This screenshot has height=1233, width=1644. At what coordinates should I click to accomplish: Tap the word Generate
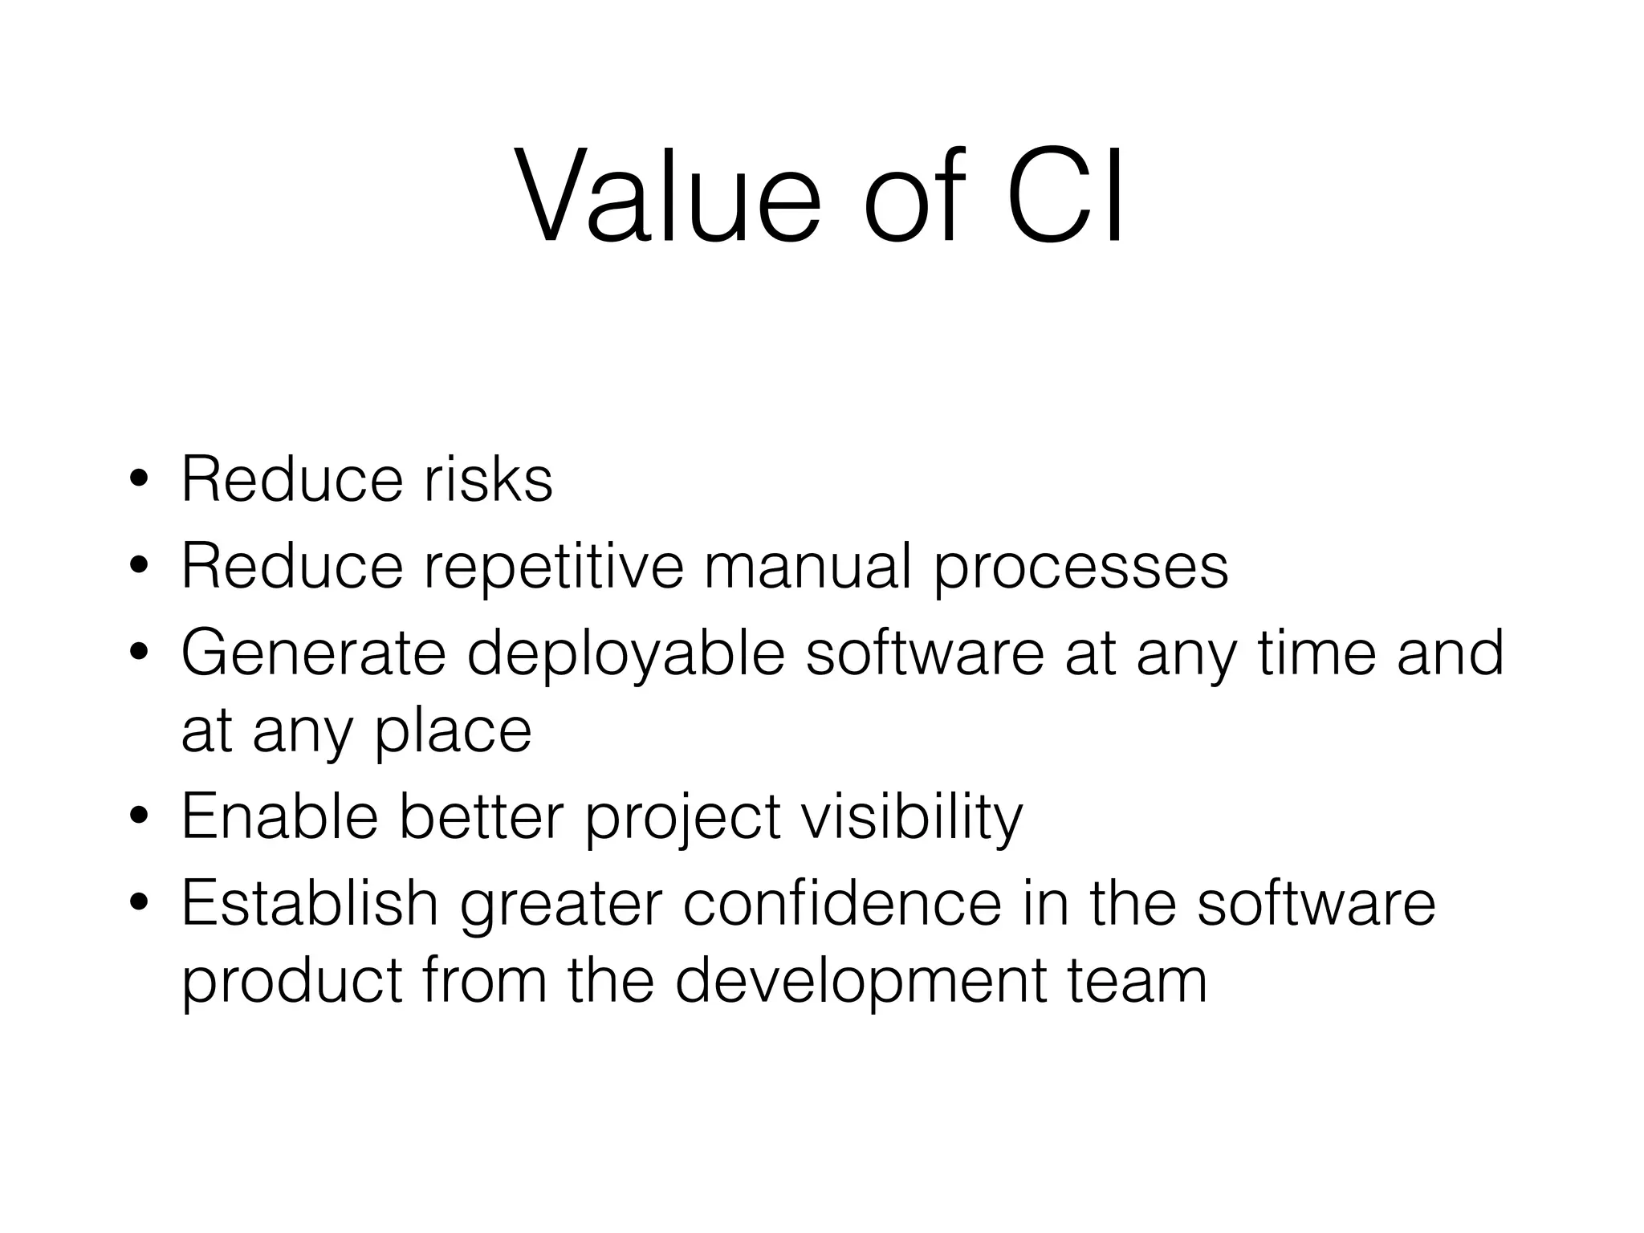pyautogui.click(x=313, y=653)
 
